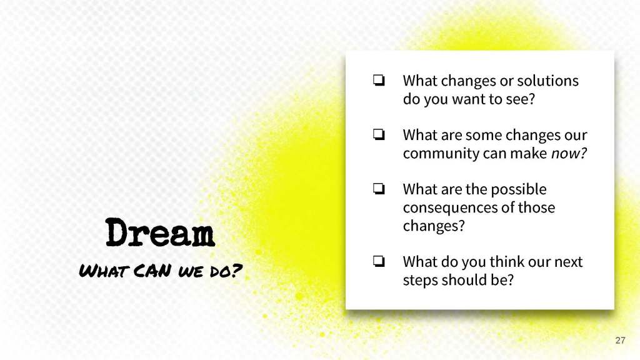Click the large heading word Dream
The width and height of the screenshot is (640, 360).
coord(160,232)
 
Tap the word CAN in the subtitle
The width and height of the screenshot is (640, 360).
coord(152,271)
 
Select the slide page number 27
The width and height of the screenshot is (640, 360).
coord(620,341)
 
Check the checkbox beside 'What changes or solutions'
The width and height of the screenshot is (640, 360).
coord(379,80)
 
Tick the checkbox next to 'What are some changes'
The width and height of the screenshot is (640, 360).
coord(379,134)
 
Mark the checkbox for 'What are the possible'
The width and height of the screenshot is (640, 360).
coord(379,189)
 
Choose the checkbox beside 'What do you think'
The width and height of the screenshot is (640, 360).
coord(379,261)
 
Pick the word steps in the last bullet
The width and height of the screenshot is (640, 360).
coord(421,281)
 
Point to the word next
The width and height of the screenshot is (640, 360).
coord(568,262)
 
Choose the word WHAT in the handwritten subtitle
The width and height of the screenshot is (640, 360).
coord(104,271)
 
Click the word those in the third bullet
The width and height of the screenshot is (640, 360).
coord(536,207)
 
